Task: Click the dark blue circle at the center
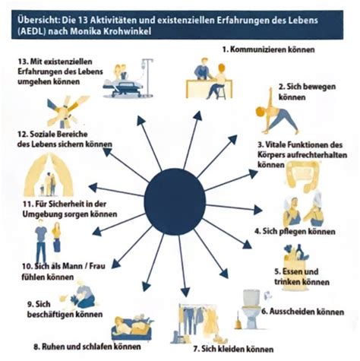coord(175,201)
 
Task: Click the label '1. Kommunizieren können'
coord(268,49)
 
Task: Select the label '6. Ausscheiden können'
coord(302,312)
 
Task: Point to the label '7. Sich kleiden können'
coord(233,349)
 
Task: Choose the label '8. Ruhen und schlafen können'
coord(87,347)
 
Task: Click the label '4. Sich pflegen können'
coord(295,231)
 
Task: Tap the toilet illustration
coord(251,309)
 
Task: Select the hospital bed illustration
coord(124,87)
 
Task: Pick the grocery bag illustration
coord(295,256)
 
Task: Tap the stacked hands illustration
coord(66,112)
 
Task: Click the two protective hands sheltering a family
coord(49,175)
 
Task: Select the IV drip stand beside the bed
coord(147,76)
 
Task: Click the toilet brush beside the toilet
coord(238,321)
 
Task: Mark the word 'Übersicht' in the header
coord(37,20)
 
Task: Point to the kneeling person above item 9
coord(83,294)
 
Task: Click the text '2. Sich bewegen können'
coord(307,92)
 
